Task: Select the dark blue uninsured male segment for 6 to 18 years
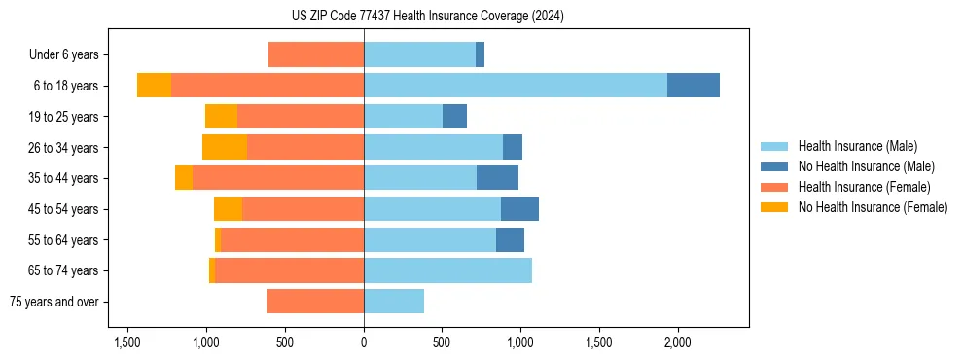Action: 693,86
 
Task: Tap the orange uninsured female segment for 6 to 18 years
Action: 154,86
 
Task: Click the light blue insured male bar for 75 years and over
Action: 394,302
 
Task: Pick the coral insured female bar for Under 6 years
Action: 316,54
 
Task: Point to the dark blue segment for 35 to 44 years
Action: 497,178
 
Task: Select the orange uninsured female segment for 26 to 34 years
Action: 225,147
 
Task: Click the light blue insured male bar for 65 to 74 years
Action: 447,270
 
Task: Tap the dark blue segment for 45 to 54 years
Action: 519,209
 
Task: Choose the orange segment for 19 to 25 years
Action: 221,117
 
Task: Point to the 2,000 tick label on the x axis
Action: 677,343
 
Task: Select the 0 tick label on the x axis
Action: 364,343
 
